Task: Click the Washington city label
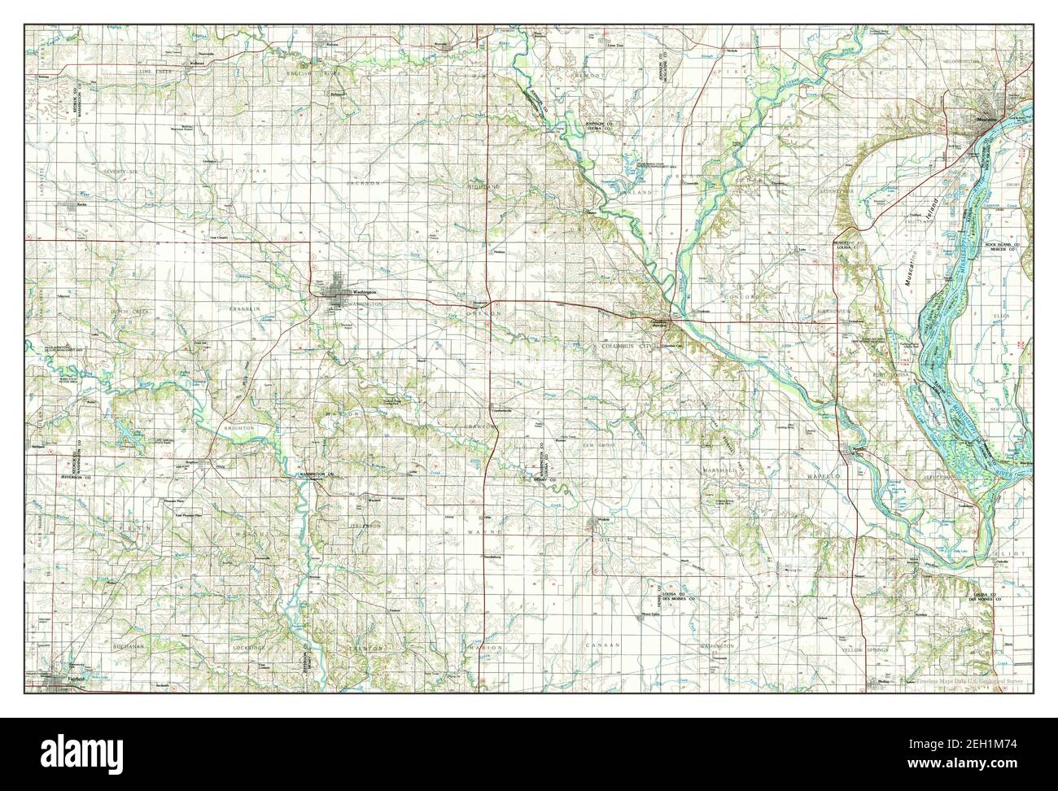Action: point(363,292)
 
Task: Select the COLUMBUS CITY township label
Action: point(627,347)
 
